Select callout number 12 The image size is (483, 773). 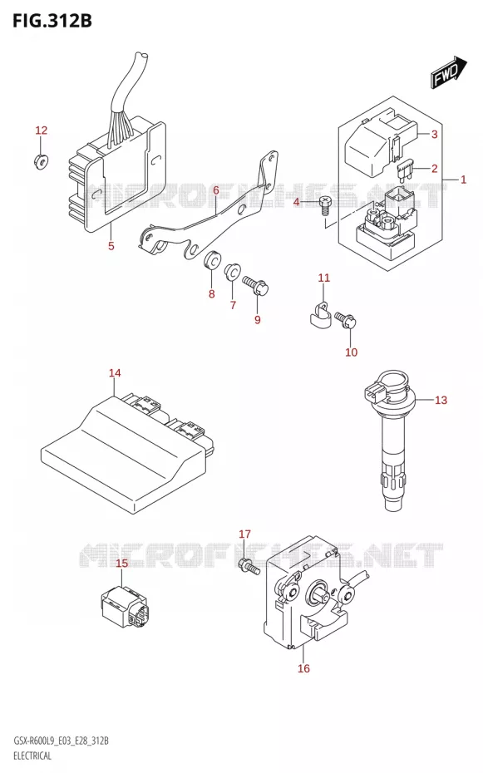pyautogui.click(x=42, y=130)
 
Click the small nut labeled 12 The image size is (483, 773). pyautogui.click(x=41, y=160)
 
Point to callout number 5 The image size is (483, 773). pyautogui.click(x=111, y=245)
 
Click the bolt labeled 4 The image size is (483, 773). pyautogui.click(x=324, y=204)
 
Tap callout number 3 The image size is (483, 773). pyautogui.click(x=434, y=134)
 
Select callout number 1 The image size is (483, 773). pyautogui.click(x=463, y=180)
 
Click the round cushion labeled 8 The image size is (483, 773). pyautogui.click(x=213, y=260)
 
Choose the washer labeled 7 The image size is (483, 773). pyautogui.click(x=232, y=272)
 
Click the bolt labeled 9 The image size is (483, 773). pyautogui.click(x=255, y=285)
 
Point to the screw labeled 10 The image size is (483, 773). pyautogui.click(x=345, y=320)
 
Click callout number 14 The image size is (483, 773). pyautogui.click(x=115, y=372)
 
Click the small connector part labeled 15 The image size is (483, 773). pyautogui.click(x=125, y=607)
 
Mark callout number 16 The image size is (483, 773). pyautogui.click(x=303, y=668)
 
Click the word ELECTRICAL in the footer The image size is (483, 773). pyautogui.click(x=32, y=756)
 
